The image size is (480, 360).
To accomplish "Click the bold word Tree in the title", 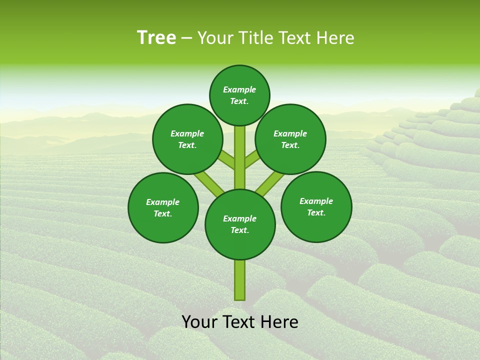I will tap(156, 38).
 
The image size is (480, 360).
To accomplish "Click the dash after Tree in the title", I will tap(186, 38).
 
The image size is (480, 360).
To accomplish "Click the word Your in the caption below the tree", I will tap(200, 322).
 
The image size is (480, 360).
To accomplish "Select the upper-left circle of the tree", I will tap(187, 139).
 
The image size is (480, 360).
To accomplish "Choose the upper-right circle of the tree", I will tap(290, 139).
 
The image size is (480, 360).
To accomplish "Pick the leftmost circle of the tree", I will tap(163, 207).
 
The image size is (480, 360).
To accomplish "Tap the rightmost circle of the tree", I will tap(316, 206).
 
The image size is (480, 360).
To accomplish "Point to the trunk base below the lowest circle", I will tap(240, 280).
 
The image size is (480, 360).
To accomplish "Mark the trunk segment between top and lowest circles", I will tap(240, 157).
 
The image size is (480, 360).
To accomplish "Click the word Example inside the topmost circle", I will tap(239, 90).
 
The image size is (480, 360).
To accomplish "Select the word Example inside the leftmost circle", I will tap(162, 202).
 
